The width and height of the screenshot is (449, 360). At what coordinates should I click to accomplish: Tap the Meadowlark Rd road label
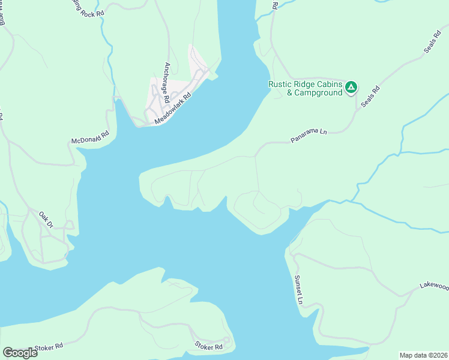tap(173, 108)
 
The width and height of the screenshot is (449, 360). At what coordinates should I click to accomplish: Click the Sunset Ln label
tap(297, 289)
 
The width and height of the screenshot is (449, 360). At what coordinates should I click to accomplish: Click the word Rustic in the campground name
tap(282, 84)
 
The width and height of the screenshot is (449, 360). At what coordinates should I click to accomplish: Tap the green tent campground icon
tap(351, 88)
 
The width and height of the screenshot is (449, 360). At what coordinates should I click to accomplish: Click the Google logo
tap(20, 353)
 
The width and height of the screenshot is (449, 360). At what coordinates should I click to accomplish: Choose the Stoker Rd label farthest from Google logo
tap(209, 346)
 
